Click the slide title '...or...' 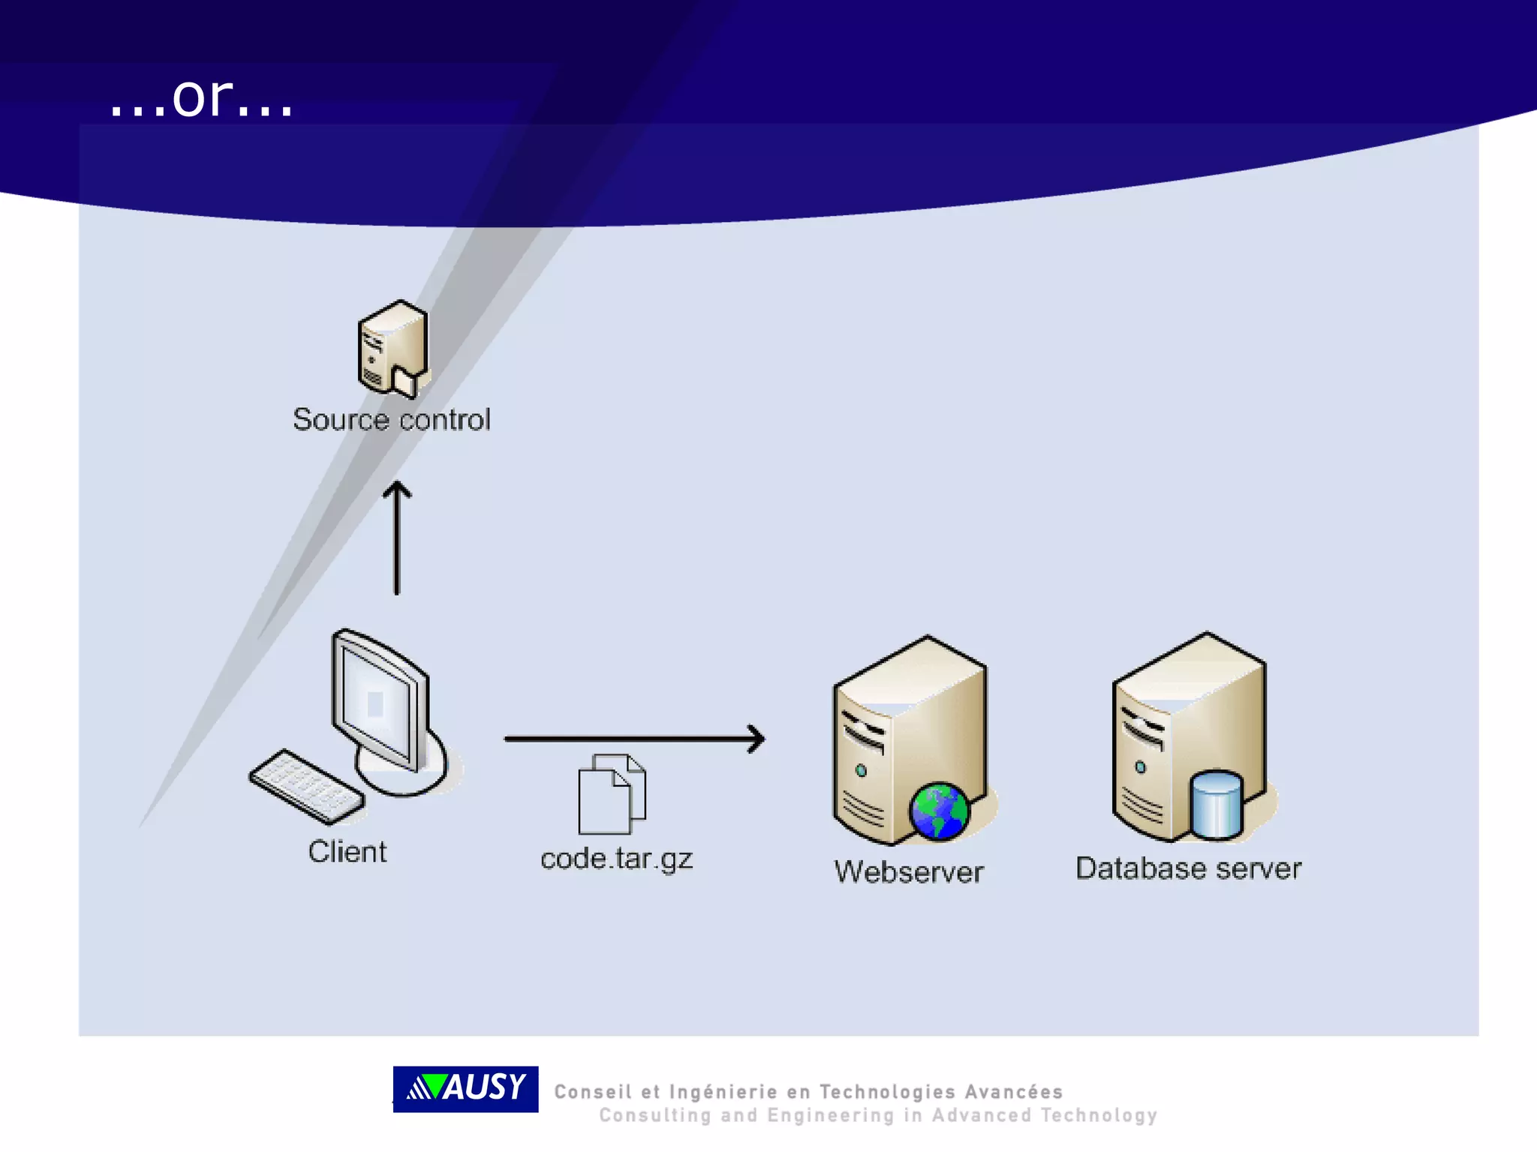pos(201,98)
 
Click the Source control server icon pos(393,348)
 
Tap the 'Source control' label pos(391,419)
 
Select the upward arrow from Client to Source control pos(397,537)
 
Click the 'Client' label pos(347,852)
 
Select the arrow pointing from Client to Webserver pos(634,739)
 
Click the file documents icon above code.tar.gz pos(612,794)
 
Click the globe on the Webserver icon pos(938,811)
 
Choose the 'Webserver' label pos(909,871)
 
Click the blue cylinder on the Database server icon pos(1216,805)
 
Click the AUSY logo pos(465,1088)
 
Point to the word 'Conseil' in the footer pos(593,1092)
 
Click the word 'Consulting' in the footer pos(654,1116)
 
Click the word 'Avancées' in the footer pos(1013,1092)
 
